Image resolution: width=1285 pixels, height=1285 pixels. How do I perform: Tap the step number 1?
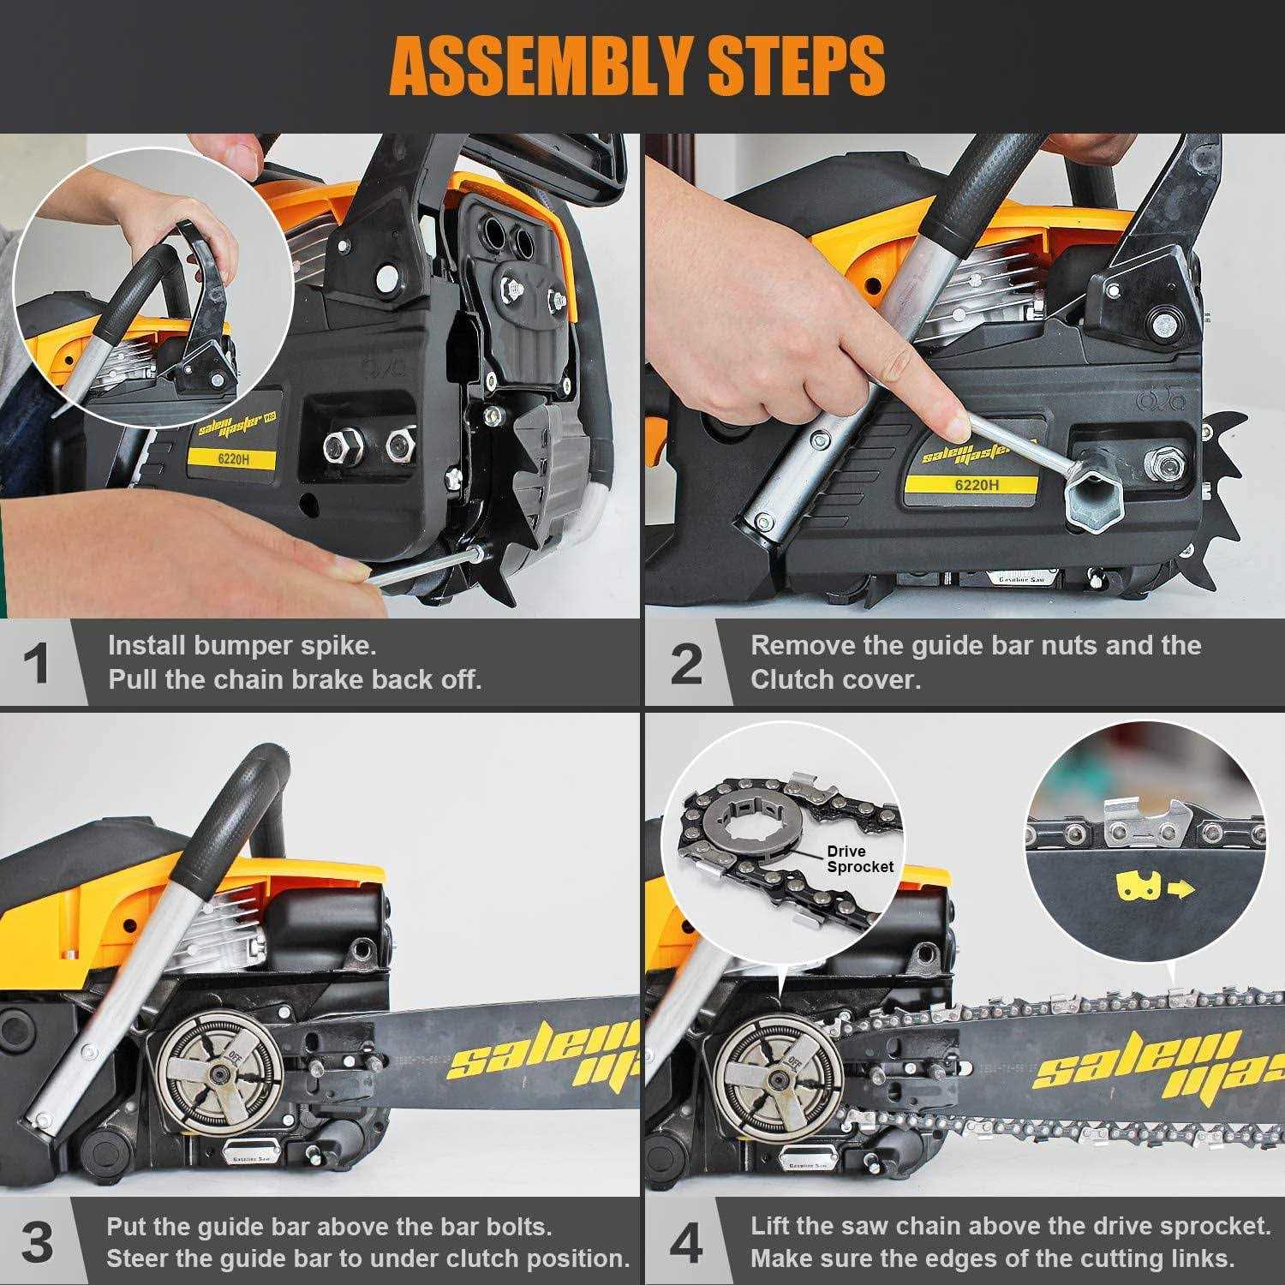tap(35, 664)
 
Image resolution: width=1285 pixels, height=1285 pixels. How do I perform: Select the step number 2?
tap(685, 664)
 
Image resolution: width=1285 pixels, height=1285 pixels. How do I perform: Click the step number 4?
tap(685, 1242)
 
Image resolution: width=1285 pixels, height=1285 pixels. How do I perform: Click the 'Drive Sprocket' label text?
tap(859, 858)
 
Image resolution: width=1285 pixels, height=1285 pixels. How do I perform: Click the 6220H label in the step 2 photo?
tap(977, 485)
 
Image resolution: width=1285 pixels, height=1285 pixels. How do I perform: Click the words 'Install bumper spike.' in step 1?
tap(242, 645)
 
